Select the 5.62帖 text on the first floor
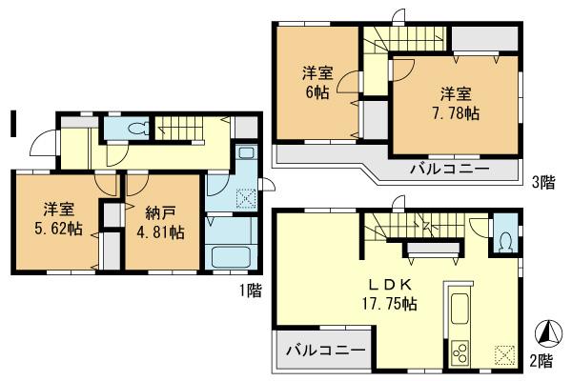pyautogui.click(x=56, y=231)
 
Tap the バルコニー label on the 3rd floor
pyautogui.click(x=451, y=170)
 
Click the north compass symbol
pyautogui.click(x=547, y=335)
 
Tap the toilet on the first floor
pyautogui.click(x=133, y=128)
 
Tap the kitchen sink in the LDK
pyautogui.click(x=455, y=311)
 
